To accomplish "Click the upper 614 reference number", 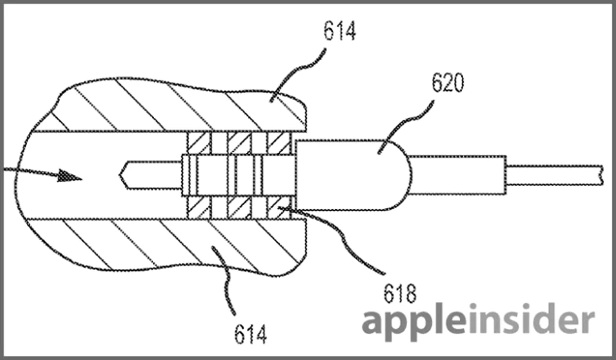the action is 340,31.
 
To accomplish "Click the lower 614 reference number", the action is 250,334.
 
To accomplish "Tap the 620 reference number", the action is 448,82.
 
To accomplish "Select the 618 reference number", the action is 400,293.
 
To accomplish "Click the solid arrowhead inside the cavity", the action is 69,175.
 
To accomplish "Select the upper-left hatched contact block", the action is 199,142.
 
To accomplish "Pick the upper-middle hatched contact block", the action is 239,142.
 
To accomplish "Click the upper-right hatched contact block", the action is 279,142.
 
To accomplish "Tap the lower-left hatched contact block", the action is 199,207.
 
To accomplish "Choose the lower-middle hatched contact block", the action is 239,207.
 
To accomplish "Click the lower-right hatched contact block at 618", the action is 279,207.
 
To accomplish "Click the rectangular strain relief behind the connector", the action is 458,175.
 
